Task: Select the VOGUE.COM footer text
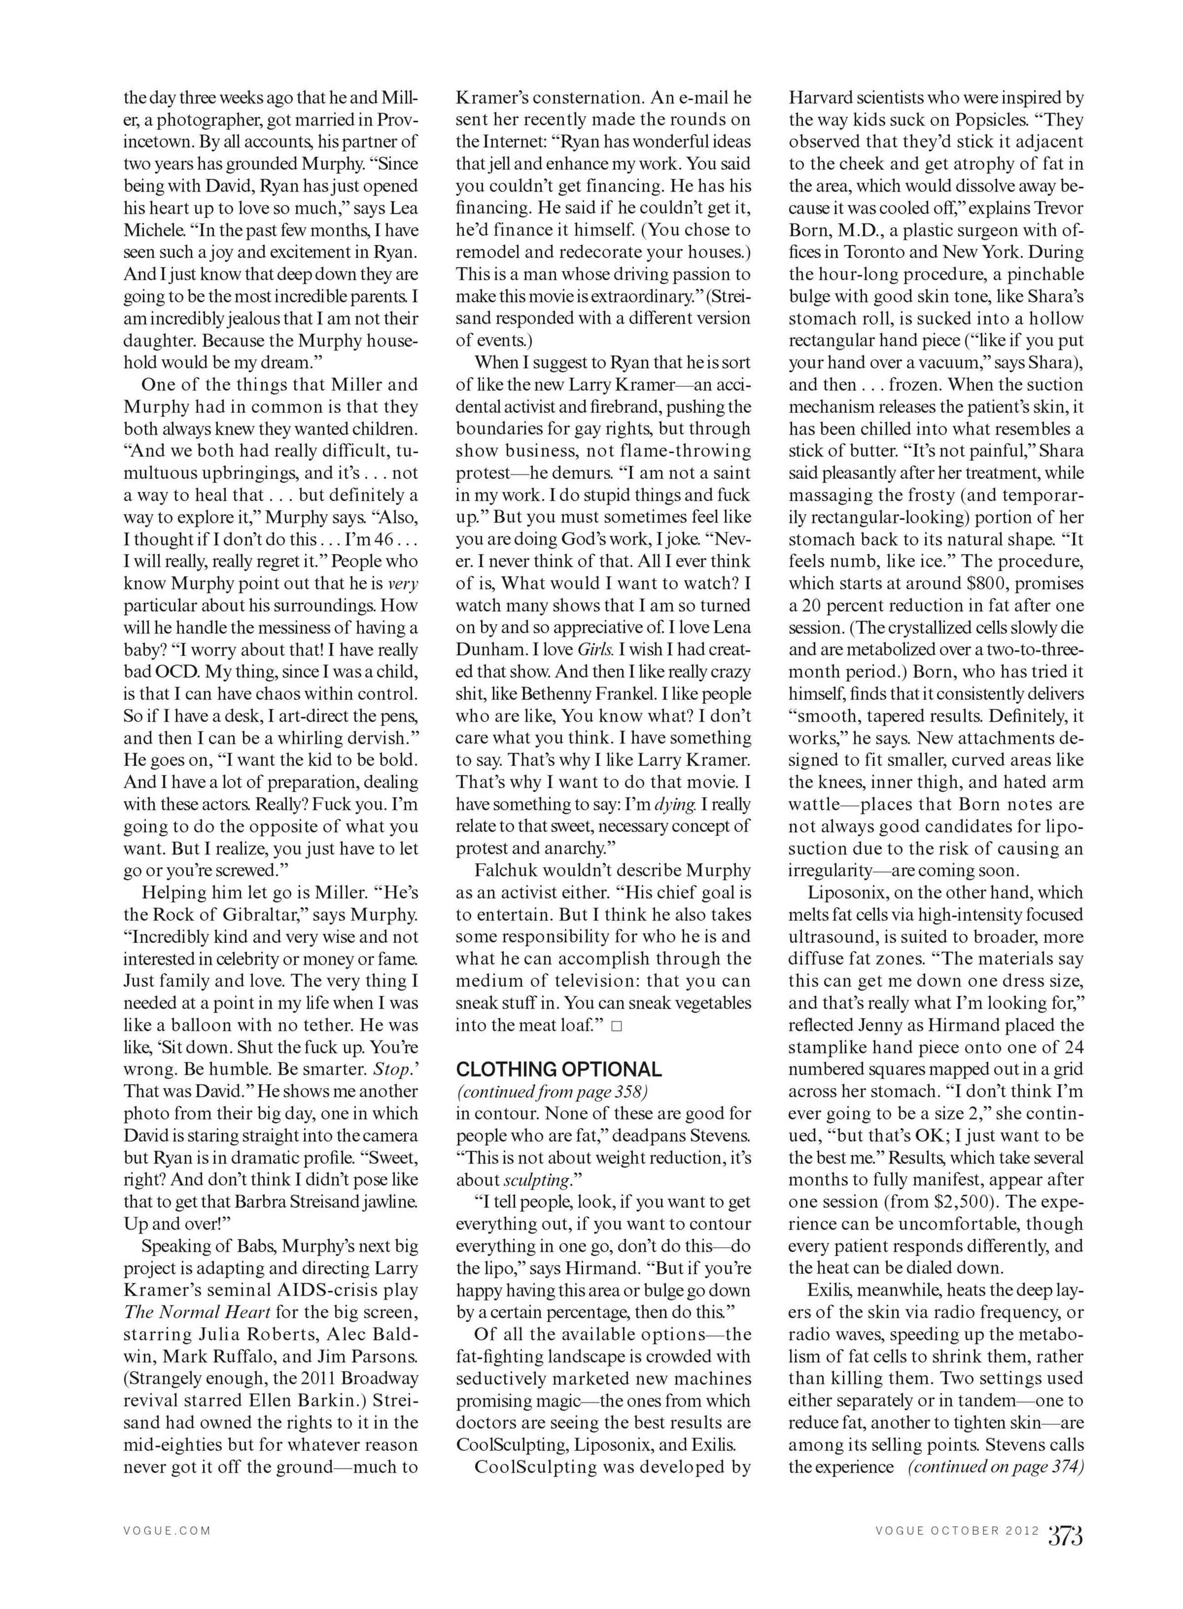(x=167, y=1531)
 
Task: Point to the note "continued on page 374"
(x=996, y=1466)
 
